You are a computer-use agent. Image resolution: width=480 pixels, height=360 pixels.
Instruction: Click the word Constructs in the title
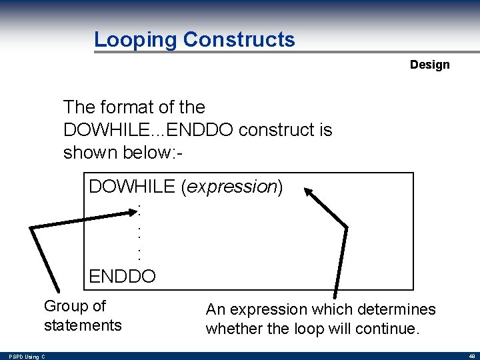click(239, 40)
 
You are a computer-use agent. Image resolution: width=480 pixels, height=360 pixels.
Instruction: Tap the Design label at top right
click(429, 65)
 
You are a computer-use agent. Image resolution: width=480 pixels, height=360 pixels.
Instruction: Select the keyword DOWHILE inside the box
click(132, 187)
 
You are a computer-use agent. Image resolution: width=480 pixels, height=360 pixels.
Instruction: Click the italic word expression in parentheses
click(232, 187)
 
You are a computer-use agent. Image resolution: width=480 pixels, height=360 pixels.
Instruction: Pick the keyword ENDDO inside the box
click(122, 276)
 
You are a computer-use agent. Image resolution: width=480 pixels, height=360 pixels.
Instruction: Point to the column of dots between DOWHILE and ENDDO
click(139, 233)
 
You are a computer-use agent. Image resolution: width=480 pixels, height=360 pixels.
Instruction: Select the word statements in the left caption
click(83, 325)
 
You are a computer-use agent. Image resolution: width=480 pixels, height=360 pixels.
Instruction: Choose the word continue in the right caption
click(391, 329)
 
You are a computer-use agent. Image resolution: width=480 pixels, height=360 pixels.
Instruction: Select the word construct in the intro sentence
click(277, 129)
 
